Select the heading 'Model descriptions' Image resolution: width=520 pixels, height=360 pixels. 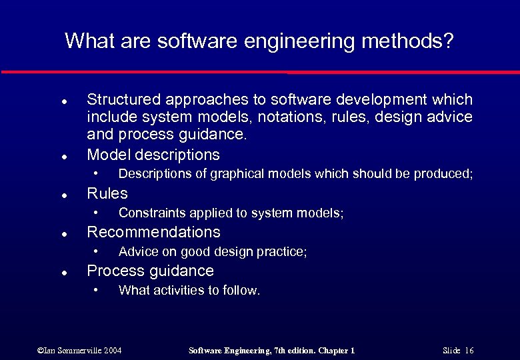click(153, 155)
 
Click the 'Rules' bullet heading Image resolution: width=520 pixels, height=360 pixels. click(107, 193)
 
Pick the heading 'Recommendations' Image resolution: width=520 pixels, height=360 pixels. click(153, 232)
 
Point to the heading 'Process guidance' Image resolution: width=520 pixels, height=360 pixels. click(151, 271)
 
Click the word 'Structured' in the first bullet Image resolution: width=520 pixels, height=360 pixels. click(121, 100)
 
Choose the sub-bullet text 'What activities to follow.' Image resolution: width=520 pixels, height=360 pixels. click(189, 291)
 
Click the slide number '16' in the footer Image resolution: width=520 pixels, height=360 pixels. click(469, 351)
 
